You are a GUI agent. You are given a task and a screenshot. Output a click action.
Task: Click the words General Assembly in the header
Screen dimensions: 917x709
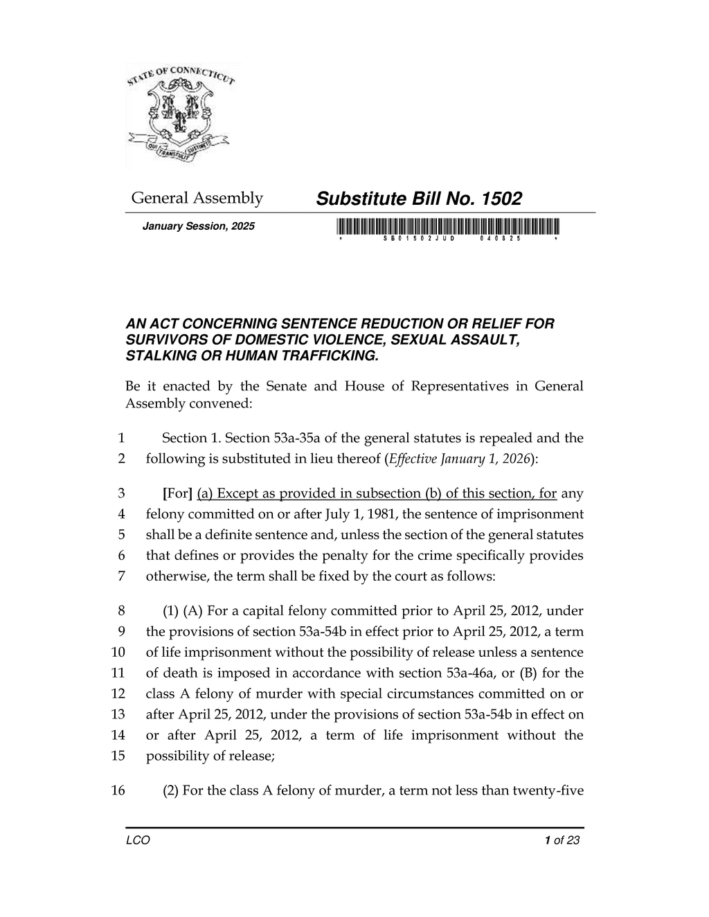pyautogui.click(x=197, y=199)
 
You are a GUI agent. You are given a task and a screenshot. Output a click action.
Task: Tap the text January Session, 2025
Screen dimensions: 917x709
pyautogui.click(x=198, y=226)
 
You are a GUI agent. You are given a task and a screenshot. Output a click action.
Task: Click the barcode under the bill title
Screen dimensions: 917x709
pyautogui.click(x=449, y=226)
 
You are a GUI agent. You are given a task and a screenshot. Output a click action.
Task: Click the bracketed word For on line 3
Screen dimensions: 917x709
pyautogui.click(x=177, y=493)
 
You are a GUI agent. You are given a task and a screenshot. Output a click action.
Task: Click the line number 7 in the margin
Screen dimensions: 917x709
pyautogui.click(x=121, y=576)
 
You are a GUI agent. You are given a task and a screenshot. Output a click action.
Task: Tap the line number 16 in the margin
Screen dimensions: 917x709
pyautogui.click(x=118, y=791)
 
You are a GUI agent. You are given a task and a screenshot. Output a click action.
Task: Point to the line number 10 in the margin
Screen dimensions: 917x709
pyautogui.click(x=118, y=653)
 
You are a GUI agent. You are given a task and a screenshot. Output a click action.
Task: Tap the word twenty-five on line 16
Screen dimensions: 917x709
pyautogui.click(x=548, y=791)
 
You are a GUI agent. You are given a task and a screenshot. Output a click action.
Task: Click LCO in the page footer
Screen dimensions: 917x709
pyautogui.click(x=138, y=841)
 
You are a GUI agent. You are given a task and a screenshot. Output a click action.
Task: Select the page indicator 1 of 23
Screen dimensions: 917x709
pyautogui.click(x=562, y=841)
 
